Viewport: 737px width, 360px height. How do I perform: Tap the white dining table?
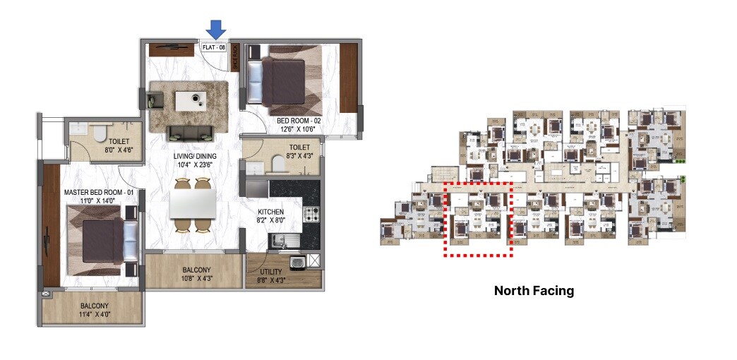tap(193, 205)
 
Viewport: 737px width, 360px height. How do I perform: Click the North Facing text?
tap(534, 290)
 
